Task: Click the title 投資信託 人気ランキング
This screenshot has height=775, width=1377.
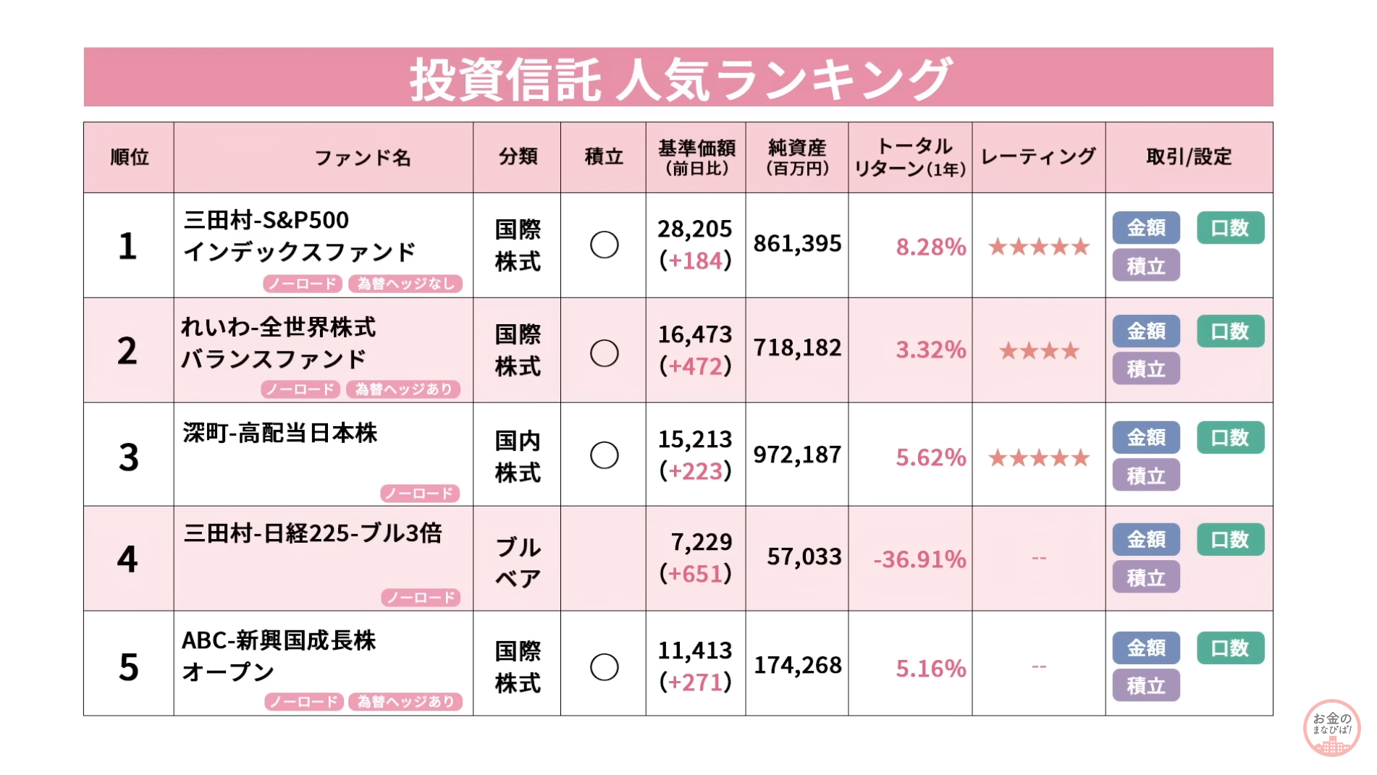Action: click(678, 78)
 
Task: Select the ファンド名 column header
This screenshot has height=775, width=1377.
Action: click(362, 157)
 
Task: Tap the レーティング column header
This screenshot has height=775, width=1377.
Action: click(1038, 156)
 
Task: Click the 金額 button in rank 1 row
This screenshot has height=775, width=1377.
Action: click(1146, 228)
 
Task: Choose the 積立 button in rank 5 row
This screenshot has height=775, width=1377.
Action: click(1146, 685)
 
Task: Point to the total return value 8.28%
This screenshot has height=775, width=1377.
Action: click(930, 247)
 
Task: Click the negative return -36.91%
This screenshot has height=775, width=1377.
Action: click(919, 559)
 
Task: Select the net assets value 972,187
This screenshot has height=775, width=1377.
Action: click(797, 454)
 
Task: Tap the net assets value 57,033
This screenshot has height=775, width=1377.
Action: click(804, 556)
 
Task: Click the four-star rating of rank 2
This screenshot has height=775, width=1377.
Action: click(1039, 352)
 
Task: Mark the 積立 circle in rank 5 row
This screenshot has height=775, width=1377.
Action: click(604, 667)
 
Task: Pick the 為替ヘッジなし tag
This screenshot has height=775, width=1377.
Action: click(405, 284)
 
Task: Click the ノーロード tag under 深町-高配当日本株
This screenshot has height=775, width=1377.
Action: click(420, 494)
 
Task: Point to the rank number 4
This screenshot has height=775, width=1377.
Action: click(127, 559)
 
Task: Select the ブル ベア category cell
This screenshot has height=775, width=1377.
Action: click(517, 562)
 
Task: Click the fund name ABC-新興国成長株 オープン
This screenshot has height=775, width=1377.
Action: click(279, 656)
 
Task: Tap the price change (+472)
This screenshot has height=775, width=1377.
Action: click(695, 366)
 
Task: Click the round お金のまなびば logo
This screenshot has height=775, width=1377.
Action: click(1331, 727)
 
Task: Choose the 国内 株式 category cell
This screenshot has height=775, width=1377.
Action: click(517, 456)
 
